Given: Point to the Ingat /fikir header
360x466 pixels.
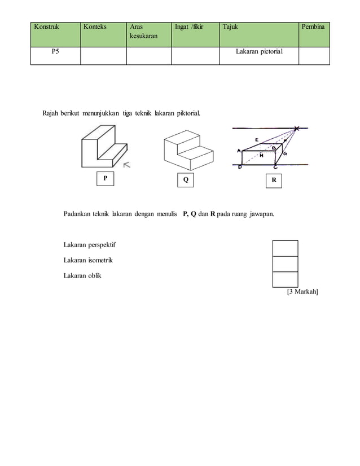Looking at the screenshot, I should click(189, 27).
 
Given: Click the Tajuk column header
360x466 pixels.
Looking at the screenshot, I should click(230, 27).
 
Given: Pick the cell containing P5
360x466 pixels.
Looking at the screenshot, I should click(55, 52).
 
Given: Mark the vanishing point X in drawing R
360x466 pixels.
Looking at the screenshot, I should click(296, 129).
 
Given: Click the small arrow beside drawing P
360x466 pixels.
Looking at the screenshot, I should click(128, 165).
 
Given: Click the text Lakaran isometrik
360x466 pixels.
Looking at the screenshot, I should click(88, 260).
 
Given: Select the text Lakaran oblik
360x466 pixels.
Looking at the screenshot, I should click(82, 275).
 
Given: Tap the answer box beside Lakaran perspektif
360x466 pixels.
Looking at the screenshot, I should click(285, 248).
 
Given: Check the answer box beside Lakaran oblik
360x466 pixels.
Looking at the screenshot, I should click(285, 279).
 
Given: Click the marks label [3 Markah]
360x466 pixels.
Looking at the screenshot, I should click(302, 292).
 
